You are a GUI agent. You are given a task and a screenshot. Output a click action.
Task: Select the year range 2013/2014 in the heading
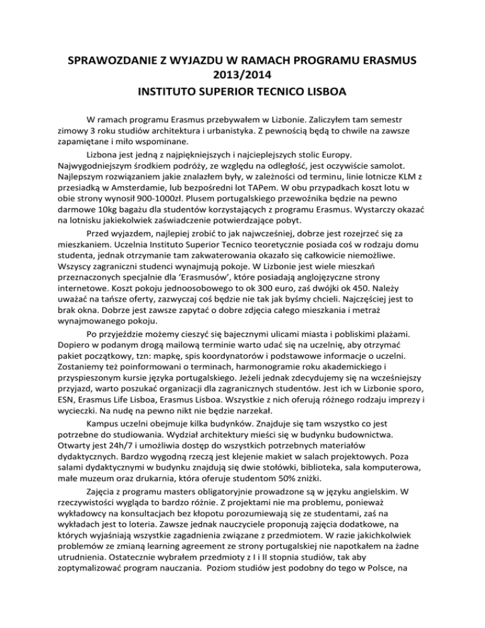pos(242,77)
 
